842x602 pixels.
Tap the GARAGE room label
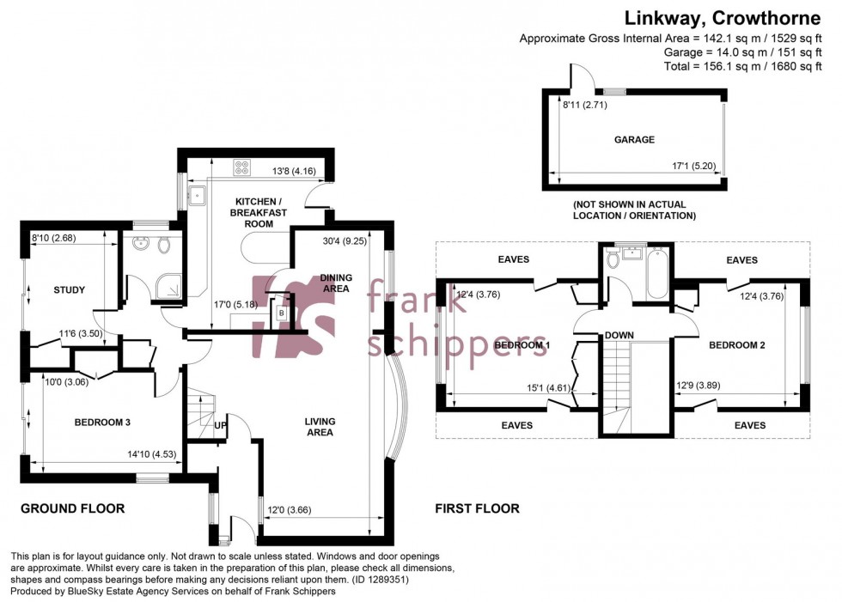[x=634, y=139]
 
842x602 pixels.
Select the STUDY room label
[x=69, y=289]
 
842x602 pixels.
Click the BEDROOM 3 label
[x=101, y=423]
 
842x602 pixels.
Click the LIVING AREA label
[x=320, y=427]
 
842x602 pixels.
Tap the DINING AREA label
[x=334, y=283]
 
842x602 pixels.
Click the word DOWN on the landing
[x=619, y=335]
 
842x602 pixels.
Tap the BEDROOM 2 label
[x=736, y=345]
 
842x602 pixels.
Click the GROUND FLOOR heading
[x=73, y=508]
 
